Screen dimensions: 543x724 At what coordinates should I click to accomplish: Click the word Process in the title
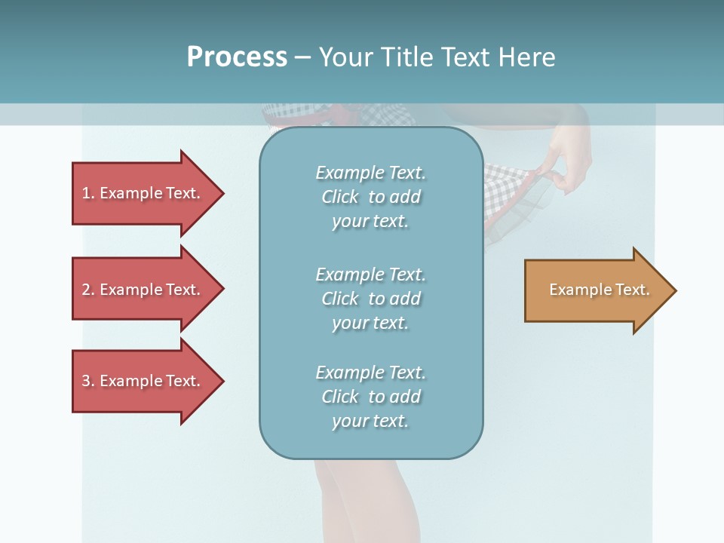[237, 57]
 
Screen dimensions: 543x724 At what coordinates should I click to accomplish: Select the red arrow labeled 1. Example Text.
[143, 193]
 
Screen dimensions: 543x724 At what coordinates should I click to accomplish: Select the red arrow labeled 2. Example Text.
[143, 290]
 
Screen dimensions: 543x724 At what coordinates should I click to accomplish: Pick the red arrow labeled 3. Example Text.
[143, 381]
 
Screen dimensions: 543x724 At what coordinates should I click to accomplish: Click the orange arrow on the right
[596, 290]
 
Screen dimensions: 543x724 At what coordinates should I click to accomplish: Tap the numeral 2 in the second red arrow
[86, 290]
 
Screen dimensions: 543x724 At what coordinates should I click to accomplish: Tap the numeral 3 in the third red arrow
[86, 381]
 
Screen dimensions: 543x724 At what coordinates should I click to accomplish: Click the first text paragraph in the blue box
[370, 197]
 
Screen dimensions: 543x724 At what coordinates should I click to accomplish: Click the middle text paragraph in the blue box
[370, 299]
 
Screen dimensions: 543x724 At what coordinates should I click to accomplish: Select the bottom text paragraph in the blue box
[370, 397]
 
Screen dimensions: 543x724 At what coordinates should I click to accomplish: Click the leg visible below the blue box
[354, 498]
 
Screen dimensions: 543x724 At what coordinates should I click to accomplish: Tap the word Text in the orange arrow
[632, 290]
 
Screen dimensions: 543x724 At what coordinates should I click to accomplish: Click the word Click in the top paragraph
[339, 197]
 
